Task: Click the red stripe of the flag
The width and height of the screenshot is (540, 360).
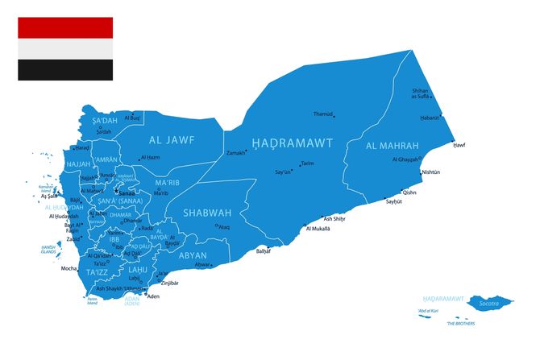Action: point(65,28)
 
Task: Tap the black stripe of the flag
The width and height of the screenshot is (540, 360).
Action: point(65,70)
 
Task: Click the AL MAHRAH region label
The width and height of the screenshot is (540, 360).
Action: point(392,146)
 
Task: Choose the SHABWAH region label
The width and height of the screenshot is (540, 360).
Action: point(207,213)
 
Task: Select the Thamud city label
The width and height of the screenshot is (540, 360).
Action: point(323,114)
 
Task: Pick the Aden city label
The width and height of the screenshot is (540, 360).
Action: point(154,296)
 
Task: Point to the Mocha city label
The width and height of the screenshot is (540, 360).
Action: point(69,267)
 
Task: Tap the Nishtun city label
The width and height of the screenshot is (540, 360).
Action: point(432,172)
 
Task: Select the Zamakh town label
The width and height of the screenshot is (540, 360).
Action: point(236,152)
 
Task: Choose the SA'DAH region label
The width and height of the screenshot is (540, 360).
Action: point(105,121)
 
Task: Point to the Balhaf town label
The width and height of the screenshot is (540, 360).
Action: point(264,251)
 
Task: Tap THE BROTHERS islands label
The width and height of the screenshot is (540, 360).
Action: point(462,324)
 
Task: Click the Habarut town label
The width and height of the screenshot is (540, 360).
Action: point(430,118)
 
